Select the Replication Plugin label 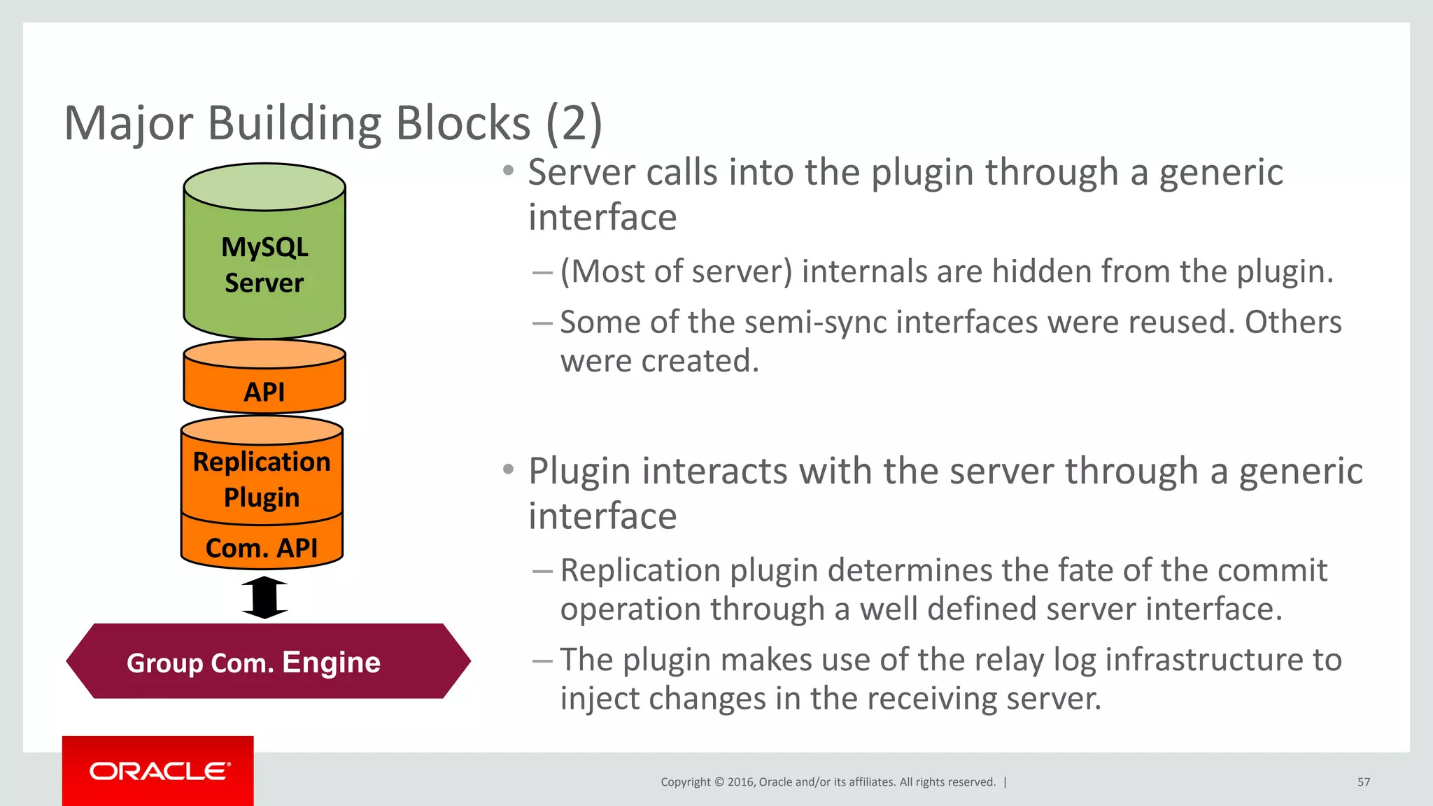coord(262,479)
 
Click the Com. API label coord(262,548)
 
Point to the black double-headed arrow coord(264,598)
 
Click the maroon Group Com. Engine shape coord(268,661)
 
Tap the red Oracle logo coord(158,771)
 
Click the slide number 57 coord(1364,782)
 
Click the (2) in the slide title coord(574,123)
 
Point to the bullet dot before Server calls coord(509,171)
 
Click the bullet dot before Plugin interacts coord(509,469)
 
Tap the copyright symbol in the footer coord(719,782)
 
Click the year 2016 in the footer coord(740,782)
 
